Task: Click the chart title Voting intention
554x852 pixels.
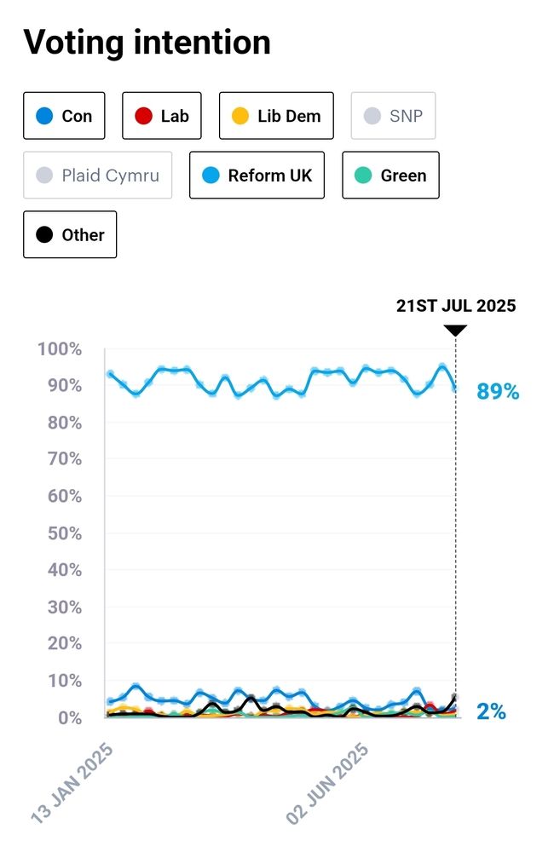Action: click(147, 42)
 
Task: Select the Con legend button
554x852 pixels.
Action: click(64, 115)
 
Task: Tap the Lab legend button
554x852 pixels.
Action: click(162, 115)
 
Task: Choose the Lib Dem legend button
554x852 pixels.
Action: click(276, 115)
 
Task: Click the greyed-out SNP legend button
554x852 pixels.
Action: click(393, 115)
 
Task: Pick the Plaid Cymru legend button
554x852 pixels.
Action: click(97, 176)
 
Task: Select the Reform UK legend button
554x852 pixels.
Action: click(257, 176)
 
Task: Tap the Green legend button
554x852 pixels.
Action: click(390, 176)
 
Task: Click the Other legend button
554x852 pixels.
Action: click(70, 235)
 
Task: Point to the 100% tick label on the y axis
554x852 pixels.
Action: click(60, 349)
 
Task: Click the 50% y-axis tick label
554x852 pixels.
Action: click(63, 533)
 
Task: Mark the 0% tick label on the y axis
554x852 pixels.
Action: click(68, 717)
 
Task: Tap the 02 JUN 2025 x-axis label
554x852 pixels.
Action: click(328, 782)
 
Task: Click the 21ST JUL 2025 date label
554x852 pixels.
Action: click(456, 306)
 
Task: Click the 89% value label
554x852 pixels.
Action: click(497, 392)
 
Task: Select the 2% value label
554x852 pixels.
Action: click(491, 711)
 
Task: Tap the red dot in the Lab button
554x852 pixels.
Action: click(144, 115)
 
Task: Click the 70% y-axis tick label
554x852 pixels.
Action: click(63, 459)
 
